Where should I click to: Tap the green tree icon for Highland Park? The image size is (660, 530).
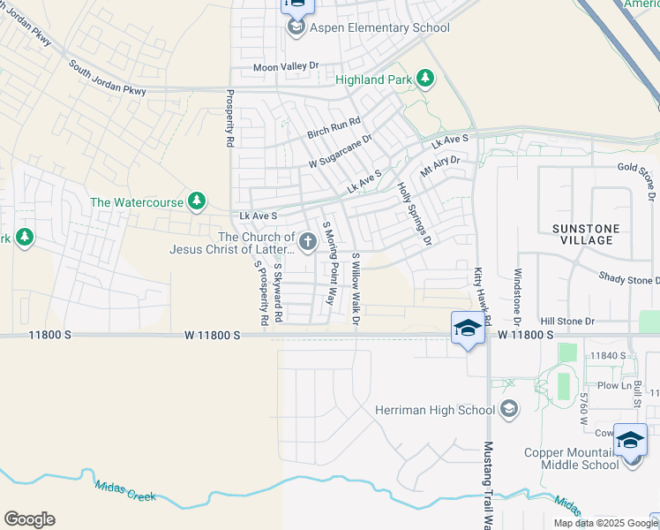tap(425, 79)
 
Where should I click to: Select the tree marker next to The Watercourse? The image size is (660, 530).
tap(197, 202)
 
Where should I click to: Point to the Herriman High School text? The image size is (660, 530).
tap(435, 410)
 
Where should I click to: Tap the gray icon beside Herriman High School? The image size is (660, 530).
tap(508, 408)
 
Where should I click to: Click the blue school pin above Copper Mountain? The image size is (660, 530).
tap(630, 439)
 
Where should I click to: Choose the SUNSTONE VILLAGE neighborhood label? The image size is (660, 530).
tap(587, 234)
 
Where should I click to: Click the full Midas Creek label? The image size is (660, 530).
tap(125, 490)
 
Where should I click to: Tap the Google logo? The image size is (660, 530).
tap(29, 519)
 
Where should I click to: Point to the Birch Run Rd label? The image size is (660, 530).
tap(334, 128)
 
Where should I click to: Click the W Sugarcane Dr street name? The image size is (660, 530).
tap(340, 151)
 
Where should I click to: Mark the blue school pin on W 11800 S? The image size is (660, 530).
tap(467, 329)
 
